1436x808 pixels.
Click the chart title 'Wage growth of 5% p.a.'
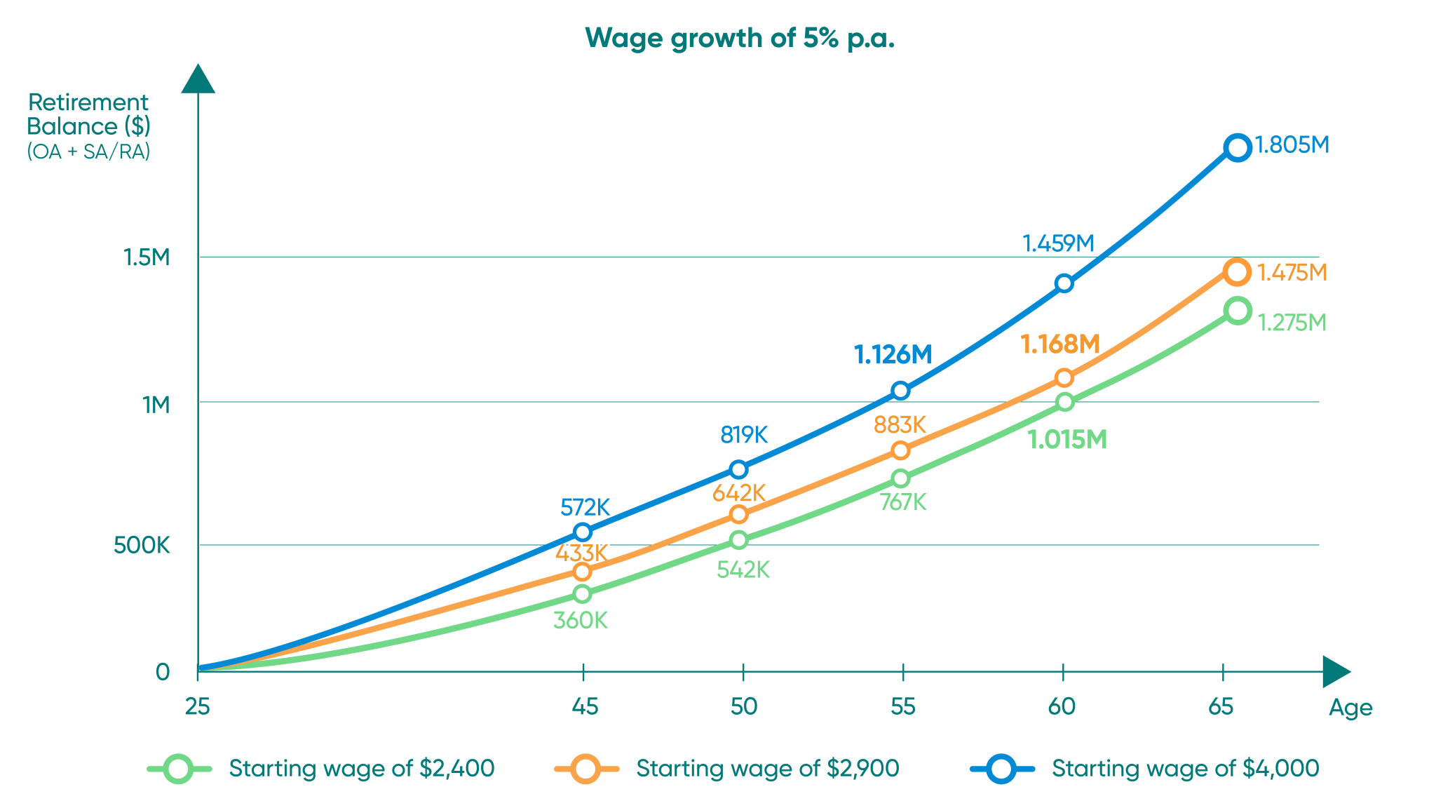[740, 38]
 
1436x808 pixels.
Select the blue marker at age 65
[1238, 147]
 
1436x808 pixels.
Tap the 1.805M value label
[1292, 145]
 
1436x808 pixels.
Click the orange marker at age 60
[1064, 378]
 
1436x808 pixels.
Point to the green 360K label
[580, 621]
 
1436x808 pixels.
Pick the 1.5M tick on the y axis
[147, 257]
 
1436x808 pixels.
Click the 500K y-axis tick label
[142, 545]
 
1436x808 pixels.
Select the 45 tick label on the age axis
[585, 706]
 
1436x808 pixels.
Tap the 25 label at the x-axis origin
[197, 706]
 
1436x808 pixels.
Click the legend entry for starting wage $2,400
[361, 769]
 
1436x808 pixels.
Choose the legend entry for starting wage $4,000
[1185, 769]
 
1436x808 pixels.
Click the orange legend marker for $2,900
[585, 769]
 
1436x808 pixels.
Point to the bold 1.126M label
[893, 355]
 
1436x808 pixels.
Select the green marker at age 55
[900, 478]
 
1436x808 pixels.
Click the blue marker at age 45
[582, 532]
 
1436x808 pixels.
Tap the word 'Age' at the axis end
[1350, 708]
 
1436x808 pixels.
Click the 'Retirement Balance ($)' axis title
[88, 114]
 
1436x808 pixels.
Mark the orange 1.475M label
[1292, 272]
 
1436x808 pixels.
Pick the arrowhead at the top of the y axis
[198, 79]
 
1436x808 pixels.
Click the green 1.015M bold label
[1066, 440]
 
